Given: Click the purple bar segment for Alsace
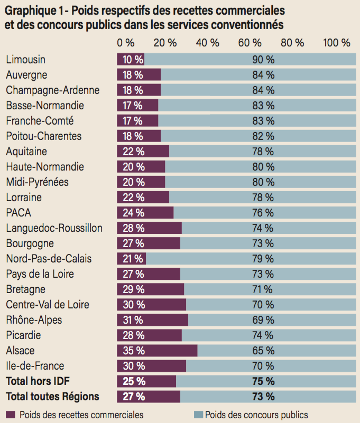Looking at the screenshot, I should point(157,351).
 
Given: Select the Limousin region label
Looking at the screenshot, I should point(25,60).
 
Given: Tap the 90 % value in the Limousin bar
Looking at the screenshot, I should point(263,60).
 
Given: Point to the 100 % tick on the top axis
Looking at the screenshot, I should point(336,43).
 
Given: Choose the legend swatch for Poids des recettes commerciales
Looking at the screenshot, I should point(11,415).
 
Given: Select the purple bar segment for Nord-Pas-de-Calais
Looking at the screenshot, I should point(131,259).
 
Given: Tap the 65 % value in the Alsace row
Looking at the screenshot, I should point(263,351).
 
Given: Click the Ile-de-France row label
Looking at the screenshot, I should point(35,365).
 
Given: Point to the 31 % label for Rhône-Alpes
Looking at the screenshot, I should point(132,320).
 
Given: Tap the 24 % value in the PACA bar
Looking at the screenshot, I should point(133,213).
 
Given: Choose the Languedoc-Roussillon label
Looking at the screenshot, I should point(54,228).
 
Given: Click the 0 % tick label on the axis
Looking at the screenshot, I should point(126,43).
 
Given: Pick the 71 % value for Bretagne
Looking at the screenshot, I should point(263,289).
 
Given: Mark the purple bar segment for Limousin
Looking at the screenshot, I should point(131,60).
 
